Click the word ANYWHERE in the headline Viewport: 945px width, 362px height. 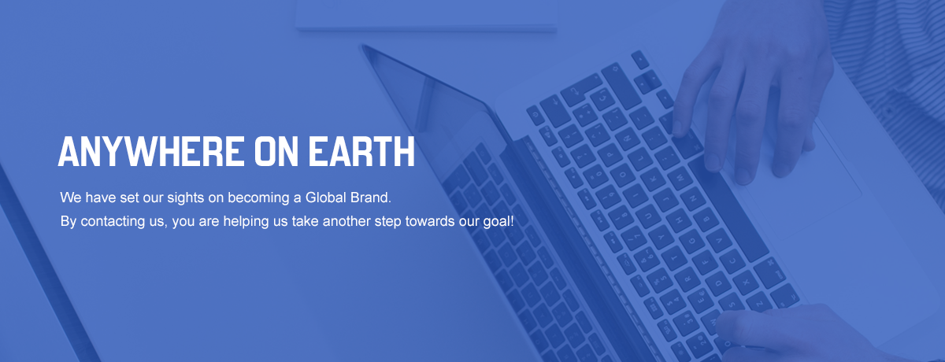point(151,151)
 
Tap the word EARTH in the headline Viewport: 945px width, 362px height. point(361,151)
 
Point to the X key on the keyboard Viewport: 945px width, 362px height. point(746,281)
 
